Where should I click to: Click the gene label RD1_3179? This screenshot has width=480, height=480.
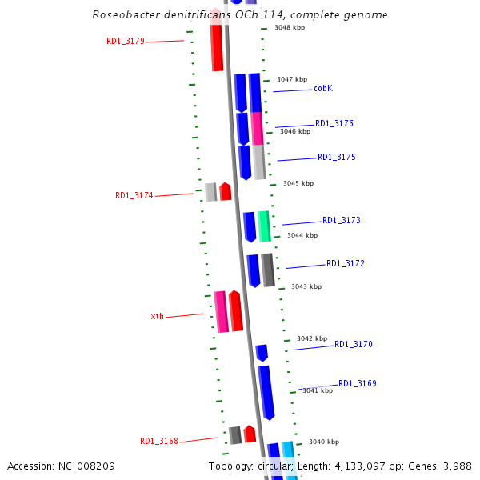(125, 41)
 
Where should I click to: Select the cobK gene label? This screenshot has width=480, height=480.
(323, 89)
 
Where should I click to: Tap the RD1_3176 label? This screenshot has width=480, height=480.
(334, 124)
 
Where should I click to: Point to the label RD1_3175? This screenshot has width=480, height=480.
(336, 158)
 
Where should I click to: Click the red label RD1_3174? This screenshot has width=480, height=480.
(134, 195)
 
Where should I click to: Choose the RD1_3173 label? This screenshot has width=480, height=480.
(341, 221)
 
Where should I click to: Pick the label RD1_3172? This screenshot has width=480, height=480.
(345, 264)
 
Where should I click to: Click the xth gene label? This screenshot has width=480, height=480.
(157, 317)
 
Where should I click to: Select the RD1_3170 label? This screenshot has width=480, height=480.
(353, 345)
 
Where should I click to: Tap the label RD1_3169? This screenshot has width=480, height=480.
(357, 384)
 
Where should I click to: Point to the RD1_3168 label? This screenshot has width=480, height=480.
(158, 441)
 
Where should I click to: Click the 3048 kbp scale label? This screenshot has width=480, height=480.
(289, 28)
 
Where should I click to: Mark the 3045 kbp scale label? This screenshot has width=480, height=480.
(298, 183)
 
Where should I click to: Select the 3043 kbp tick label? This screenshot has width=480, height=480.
(306, 286)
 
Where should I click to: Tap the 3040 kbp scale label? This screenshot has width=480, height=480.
(323, 442)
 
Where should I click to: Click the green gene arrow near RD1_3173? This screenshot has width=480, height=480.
(263, 226)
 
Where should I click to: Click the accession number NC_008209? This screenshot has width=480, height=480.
(95, 466)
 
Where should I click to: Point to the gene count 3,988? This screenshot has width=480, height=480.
(456, 466)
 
